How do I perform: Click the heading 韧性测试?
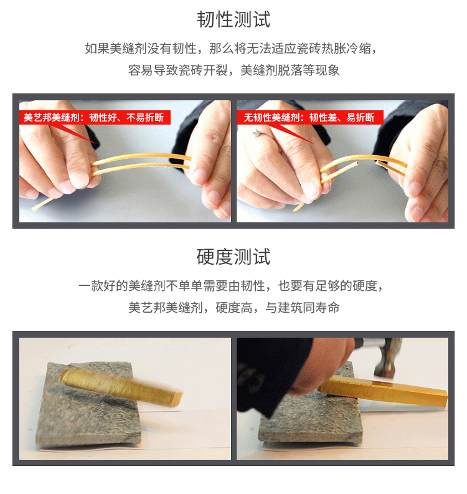pos(233,19)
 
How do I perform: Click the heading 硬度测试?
pos(233,257)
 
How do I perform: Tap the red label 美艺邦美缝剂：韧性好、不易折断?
pos(94,118)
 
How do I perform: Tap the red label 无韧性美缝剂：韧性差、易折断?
pos(309,118)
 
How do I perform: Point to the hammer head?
pos(387,358)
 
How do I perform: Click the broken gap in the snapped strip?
pos(367,163)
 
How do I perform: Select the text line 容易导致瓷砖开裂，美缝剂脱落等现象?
pos(233,70)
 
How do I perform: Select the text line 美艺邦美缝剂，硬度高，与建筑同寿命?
pos(233,307)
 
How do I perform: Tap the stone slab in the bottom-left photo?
pos(89,406)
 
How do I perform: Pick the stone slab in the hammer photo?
pos(310,419)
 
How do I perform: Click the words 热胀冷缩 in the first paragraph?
pos(346,49)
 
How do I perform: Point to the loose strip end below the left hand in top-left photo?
pos(43,204)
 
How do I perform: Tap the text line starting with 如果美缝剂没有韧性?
pos(231,49)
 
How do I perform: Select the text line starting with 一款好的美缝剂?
pos(231,286)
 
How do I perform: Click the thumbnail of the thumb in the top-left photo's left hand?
pos(78,178)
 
